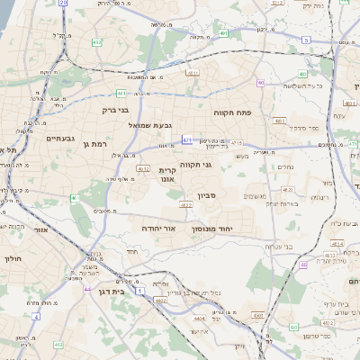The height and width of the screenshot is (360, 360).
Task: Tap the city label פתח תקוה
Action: [230, 113]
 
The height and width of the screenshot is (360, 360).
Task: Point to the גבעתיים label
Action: [40, 139]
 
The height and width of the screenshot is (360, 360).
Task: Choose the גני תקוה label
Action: [220, 165]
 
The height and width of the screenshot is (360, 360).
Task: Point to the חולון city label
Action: [13, 258]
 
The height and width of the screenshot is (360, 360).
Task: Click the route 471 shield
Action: [187, 140]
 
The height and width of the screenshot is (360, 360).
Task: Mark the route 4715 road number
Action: [236, 142]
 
